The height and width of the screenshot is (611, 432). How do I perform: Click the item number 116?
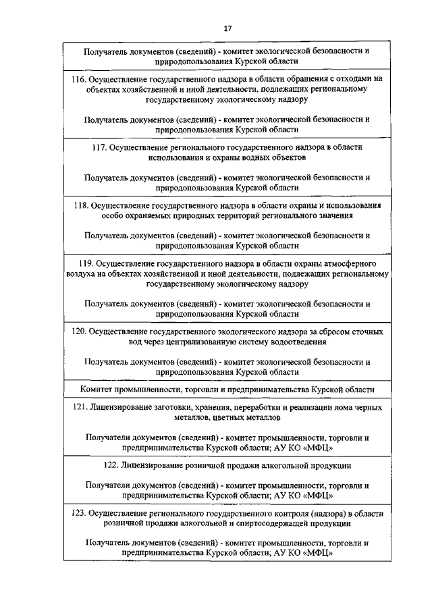pyautogui.click(x=78, y=79)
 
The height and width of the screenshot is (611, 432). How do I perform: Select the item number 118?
pyautogui.click(x=81, y=205)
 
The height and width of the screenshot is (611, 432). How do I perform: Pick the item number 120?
pyautogui.click(x=80, y=332)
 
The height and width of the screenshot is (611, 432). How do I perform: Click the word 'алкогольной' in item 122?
pyautogui.click(x=280, y=466)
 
